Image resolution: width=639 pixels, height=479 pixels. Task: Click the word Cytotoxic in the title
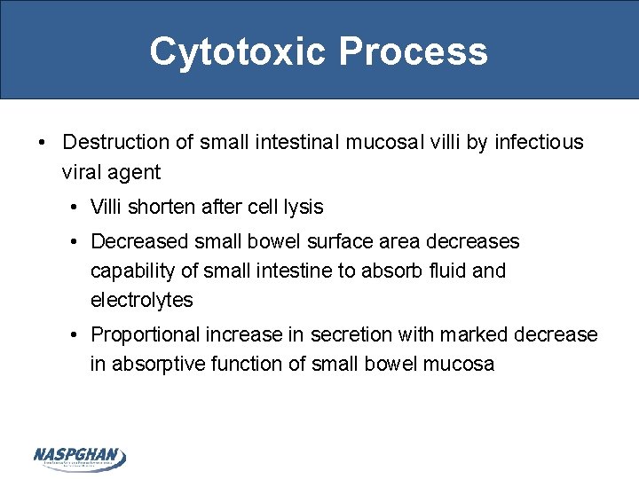(238, 51)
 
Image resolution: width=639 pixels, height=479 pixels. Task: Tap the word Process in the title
(413, 51)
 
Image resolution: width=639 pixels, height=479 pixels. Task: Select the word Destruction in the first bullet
(116, 142)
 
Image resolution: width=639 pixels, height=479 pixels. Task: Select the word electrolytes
(141, 300)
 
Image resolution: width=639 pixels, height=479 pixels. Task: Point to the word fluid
(446, 271)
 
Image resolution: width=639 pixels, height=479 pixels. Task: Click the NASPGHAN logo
(80, 457)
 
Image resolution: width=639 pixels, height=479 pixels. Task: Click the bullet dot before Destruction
(41, 143)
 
